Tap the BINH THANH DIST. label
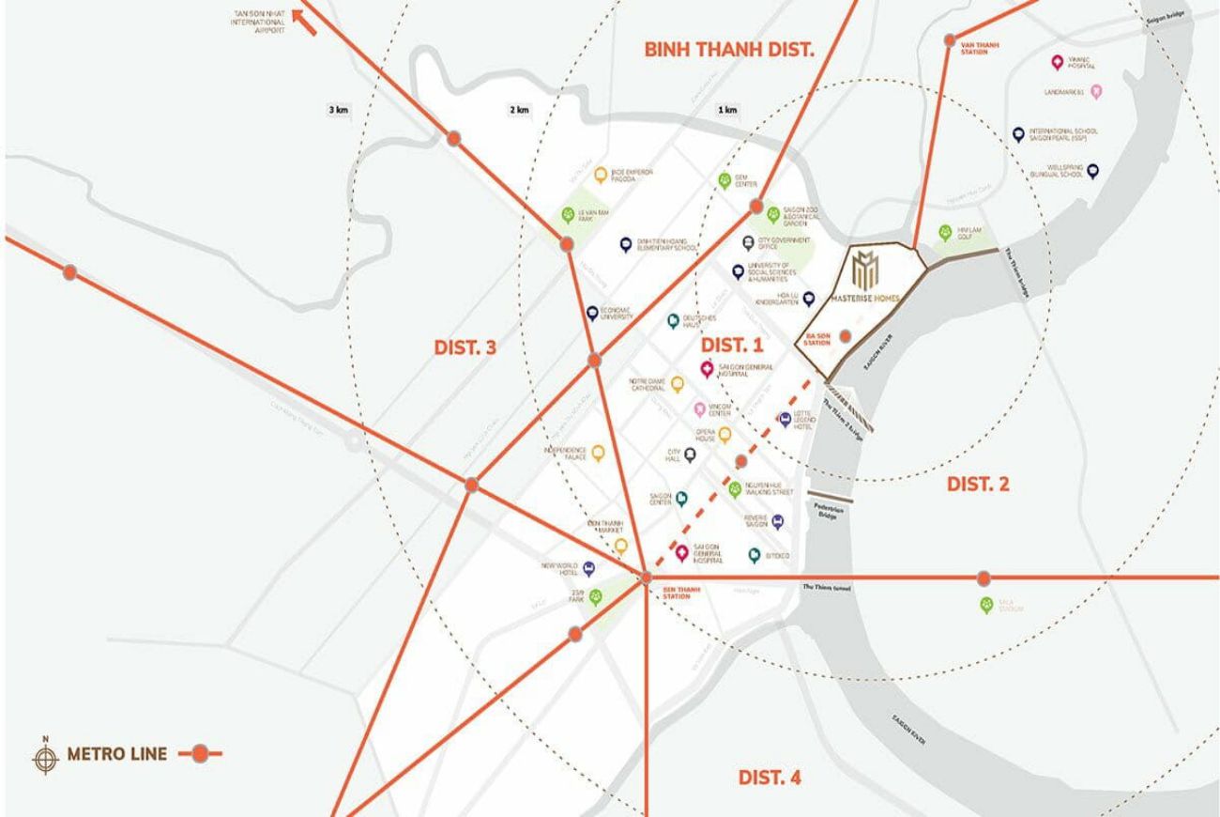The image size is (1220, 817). (x=728, y=50)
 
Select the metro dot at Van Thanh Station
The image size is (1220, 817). (x=950, y=41)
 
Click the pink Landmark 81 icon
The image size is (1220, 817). (x=1095, y=92)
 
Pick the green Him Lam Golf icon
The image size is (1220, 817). (x=945, y=232)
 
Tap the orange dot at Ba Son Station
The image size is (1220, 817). (x=845, y=336)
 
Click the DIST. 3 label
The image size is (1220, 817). (x=465, y=347)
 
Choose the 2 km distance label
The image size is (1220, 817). (x=519, y=110)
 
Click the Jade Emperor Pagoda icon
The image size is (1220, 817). (x=600, y=175)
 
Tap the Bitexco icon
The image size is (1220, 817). (x=754, y=556)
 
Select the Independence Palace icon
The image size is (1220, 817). (x=598, y=452)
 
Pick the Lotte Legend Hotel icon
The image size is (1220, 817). (x=784, y=420)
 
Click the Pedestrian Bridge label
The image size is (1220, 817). (x=826, y=510)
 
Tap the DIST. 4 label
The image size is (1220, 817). (x=770, y=778)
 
